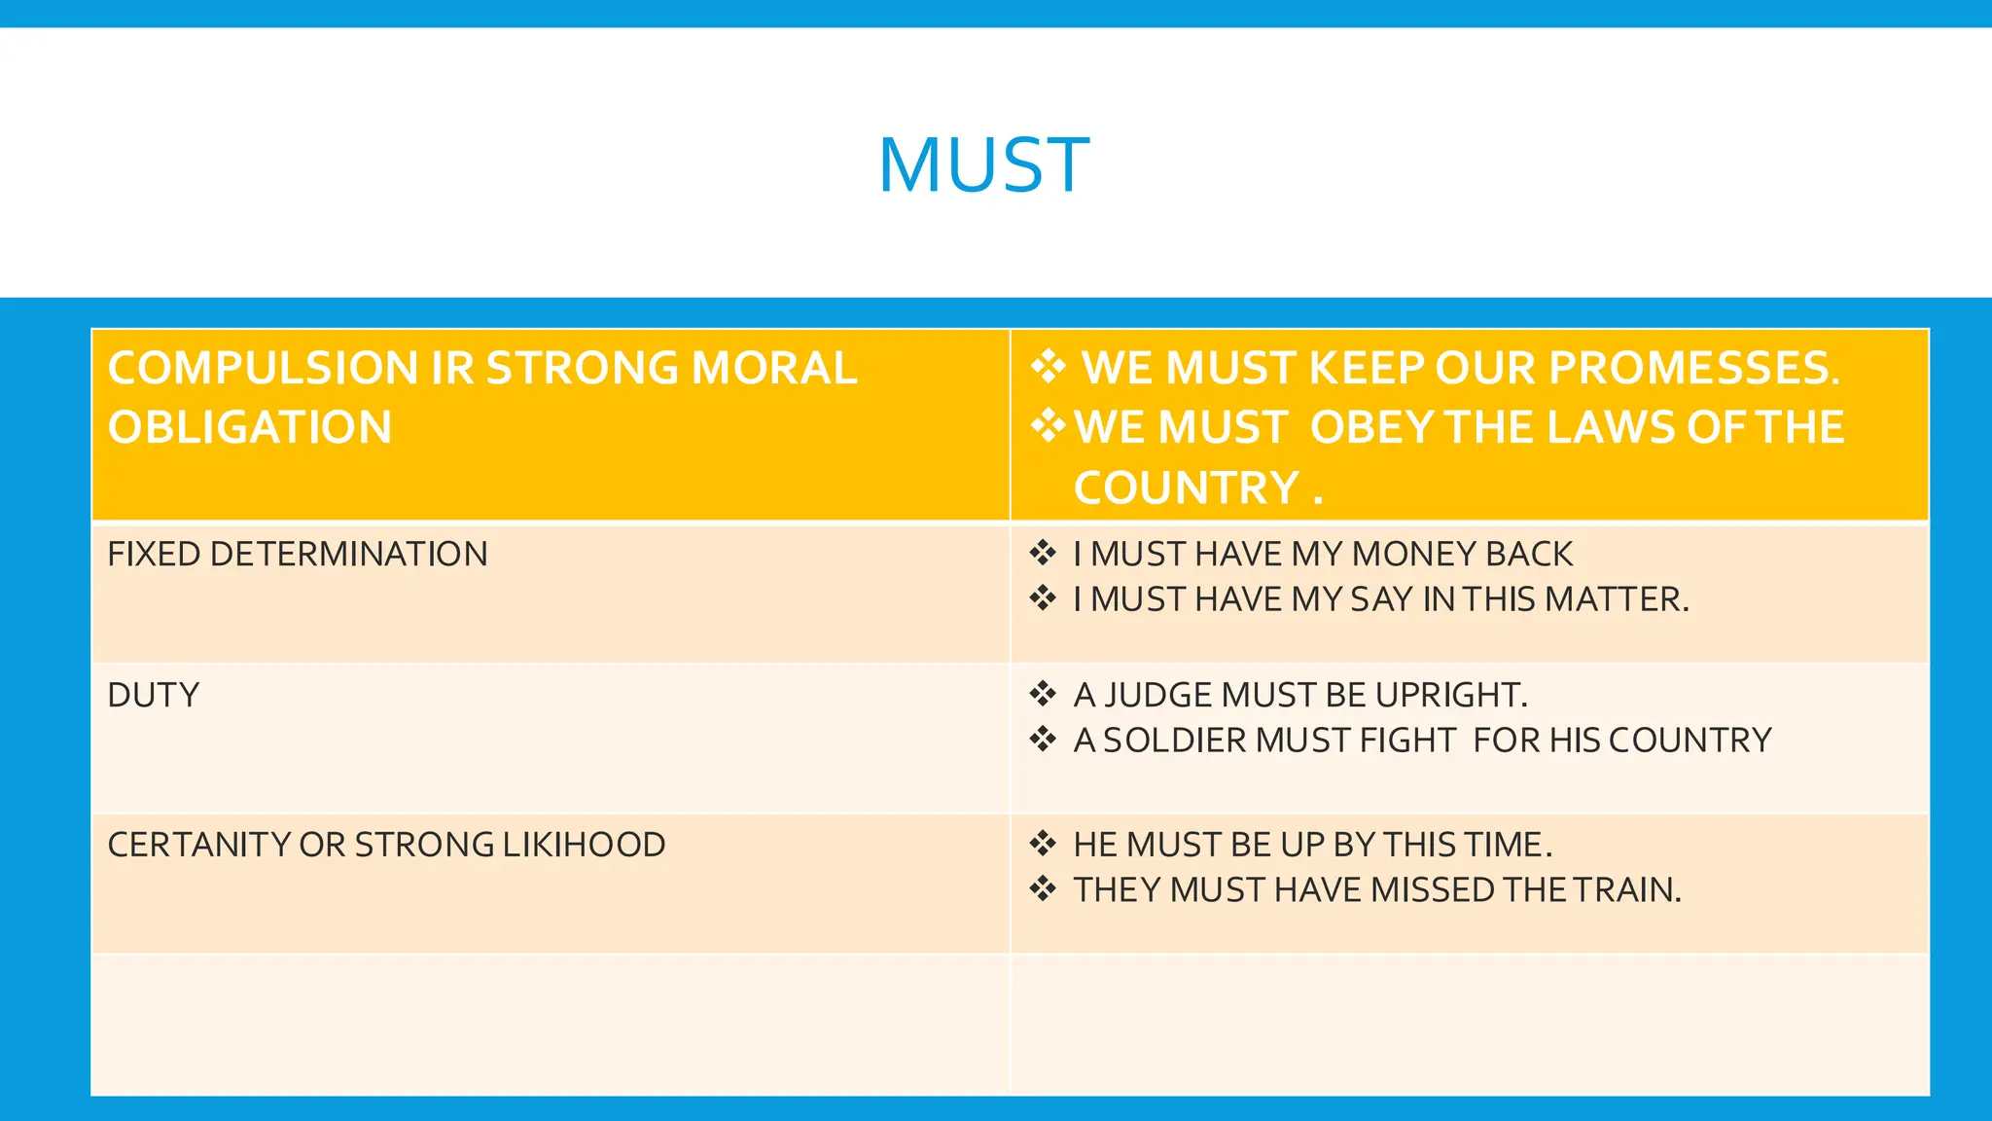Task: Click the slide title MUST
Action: coord(983,165)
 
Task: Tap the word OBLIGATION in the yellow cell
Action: coord(250,428)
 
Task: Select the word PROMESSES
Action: coord(1693,369)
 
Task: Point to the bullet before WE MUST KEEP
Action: coord(1048,367)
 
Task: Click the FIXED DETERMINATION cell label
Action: coord(298,555)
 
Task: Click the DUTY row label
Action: coord(154,696)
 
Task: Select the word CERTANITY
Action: coord(199,845)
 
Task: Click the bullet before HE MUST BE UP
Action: coord(1043,844)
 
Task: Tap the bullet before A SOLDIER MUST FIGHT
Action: coord(1043,740)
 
